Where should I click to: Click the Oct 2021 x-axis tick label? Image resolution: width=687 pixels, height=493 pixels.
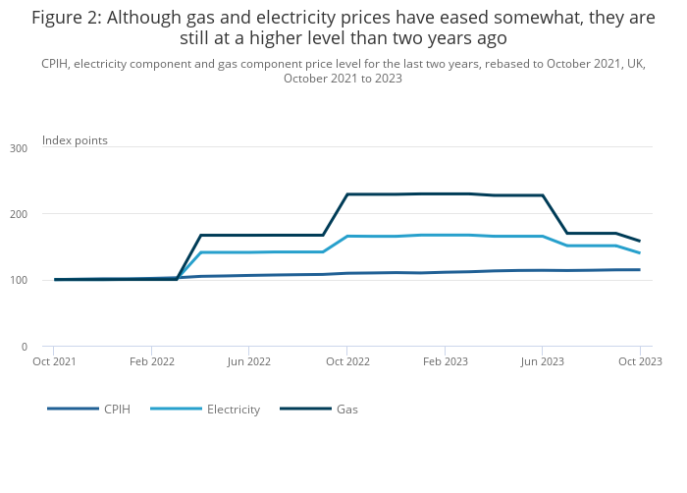[54, 361]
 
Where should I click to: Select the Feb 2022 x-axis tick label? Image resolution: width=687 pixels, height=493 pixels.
[151, 361]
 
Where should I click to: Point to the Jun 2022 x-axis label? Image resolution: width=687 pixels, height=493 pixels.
[249, 361]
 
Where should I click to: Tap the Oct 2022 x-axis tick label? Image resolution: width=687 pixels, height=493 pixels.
[346, 361]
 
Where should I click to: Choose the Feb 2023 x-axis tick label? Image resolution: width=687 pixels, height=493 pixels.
[445, 361]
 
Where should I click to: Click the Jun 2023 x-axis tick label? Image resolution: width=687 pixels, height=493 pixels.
[542, 361]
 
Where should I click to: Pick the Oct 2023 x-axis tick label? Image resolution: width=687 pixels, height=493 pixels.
[640, 361]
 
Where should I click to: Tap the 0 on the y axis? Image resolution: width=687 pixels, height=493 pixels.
[25, 347]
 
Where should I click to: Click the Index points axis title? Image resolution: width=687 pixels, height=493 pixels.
[75, 140]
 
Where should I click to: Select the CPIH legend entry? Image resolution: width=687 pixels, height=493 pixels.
[117, 410]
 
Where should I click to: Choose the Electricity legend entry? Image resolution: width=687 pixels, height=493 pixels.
[233, 410]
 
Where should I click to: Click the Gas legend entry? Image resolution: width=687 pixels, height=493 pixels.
[346, 410]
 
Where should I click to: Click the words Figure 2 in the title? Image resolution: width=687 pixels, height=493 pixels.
[66, 18]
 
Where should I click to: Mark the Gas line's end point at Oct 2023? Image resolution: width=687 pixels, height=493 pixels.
[640, 241]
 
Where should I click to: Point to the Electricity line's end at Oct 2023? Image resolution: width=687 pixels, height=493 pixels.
[640, 252]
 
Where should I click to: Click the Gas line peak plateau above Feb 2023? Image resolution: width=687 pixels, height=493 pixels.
[445, 193]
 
